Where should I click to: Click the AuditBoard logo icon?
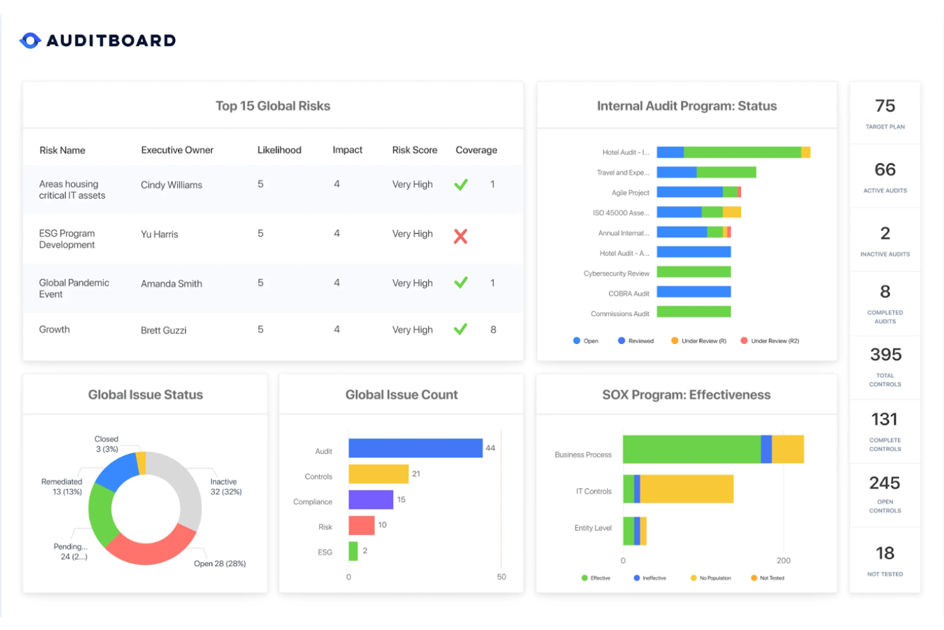click(31, 40)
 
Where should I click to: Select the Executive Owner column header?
click(177, 150)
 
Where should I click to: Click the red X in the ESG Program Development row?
click(461, 236)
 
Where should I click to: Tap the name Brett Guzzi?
click(163, 330)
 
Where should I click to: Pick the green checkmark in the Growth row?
click(461, 329)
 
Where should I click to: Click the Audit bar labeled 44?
click(415, 448)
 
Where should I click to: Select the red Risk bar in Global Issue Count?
click(362, 525)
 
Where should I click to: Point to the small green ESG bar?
click(353, 551)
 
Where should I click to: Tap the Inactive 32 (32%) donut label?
click(225, 486)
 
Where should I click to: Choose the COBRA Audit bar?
click(694, 292)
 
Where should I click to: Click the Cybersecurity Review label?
click(616, 274)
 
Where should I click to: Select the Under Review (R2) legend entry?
click(769, 341)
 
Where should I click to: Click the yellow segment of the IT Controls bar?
click(687, 489)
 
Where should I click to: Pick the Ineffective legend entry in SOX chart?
click(650, 578)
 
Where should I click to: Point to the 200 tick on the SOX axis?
click(783, 560)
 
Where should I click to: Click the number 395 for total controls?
click(885, 355)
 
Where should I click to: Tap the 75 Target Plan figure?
click(885, 106)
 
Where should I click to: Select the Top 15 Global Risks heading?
click(273, 106)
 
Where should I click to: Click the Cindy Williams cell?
click(172, 185)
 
